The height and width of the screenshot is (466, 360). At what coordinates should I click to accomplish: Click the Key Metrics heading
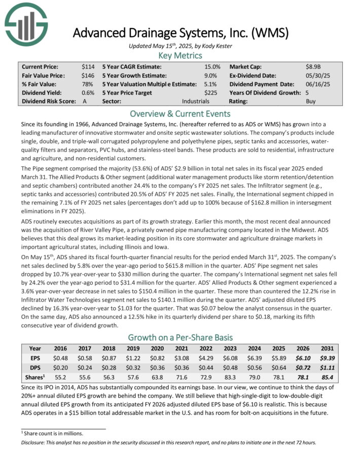[x=180, y=56]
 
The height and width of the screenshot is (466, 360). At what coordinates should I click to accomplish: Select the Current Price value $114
[x=88, y=66]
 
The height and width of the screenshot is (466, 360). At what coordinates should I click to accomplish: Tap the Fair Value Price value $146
[x=88, y=75]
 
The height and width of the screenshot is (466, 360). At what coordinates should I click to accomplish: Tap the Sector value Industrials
[x=196, y=101]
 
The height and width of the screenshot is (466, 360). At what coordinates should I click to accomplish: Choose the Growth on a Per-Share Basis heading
[x=180, y=337]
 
